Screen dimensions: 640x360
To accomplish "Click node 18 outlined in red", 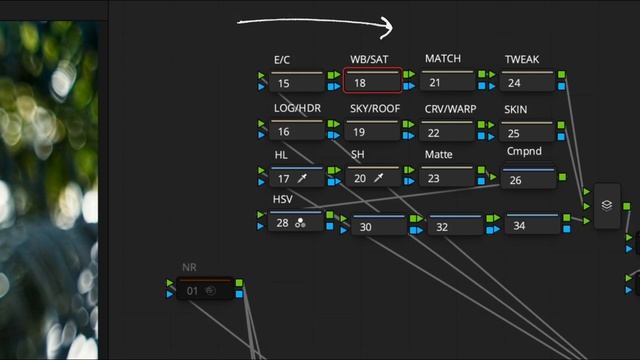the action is pos(372,80).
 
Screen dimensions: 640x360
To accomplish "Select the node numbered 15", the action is pos(297,81).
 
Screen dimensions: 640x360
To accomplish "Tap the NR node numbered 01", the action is pos(205,288).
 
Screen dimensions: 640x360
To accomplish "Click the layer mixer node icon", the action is pos(607,205).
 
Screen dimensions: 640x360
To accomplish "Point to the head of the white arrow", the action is pos(392,27).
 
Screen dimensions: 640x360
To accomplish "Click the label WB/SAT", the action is pos(369,60).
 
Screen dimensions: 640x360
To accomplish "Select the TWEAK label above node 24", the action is pos(522,60).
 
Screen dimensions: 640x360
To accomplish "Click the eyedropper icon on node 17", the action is pos(302,178).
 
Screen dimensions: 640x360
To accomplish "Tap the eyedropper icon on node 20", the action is pos(379,178).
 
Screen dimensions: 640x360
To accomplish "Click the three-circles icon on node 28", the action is pos(300,223).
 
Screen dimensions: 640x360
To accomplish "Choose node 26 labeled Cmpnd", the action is pos(529,178).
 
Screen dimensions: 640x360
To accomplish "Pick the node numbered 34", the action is pos(532,223).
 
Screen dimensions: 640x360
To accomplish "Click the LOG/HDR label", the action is pos(297,109).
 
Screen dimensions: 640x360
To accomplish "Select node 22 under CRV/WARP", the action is pos(448,131).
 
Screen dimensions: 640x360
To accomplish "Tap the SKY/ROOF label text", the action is pos(375,109).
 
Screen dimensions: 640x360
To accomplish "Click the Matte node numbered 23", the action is pos(448,176).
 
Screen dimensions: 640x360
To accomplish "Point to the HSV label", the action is pos(282,199).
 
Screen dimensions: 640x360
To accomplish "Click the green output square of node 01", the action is pos(239,282).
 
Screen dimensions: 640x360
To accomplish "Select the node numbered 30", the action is pos(380,225).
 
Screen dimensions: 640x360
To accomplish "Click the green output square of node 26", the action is pos(562,177).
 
